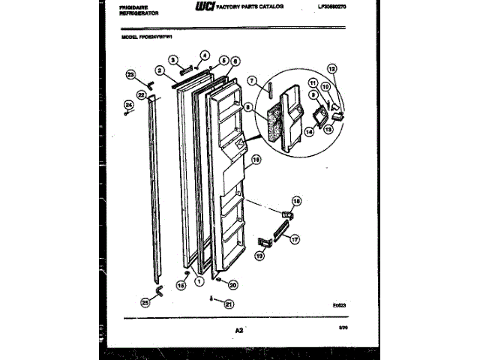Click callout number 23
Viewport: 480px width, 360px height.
[x=130, y=74]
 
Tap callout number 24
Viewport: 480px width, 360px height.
[x=128, y=103]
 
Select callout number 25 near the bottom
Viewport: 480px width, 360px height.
[x=145, y=301]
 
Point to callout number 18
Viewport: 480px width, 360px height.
[x=295, y=201]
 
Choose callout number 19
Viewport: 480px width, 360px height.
[x=259, y=256]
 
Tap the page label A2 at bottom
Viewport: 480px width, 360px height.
[x=239, y=330]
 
